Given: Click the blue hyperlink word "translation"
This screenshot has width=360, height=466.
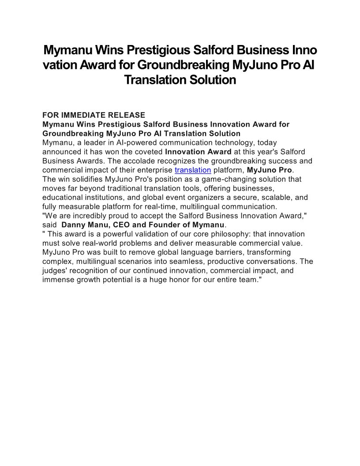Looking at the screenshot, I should tap(193, 170).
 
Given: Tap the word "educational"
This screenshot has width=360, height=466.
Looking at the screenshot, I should tap(64, 197).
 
